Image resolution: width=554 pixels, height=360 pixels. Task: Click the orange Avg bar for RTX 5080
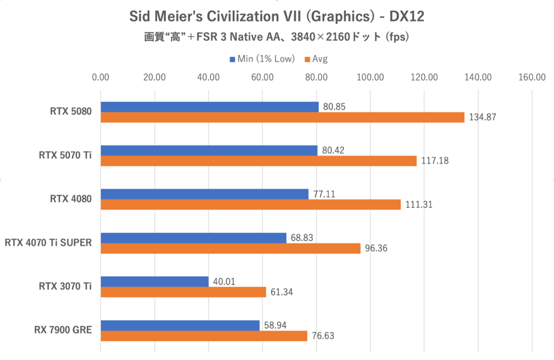pyautogui.click(x=282, y=117)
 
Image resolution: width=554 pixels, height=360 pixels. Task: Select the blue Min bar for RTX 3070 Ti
pyautogui.click(x=155, y=281)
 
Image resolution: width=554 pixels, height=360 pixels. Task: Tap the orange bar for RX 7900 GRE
pyautogui.click(x=204, y=336)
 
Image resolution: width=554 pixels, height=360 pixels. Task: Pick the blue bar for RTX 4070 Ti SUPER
pyautogui.click(x=193, y=238)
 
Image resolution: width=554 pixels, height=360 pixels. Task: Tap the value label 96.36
pyautogui.click(x=376, y=249)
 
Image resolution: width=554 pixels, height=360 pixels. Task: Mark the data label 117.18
pyautogui.click(x=434, y=161)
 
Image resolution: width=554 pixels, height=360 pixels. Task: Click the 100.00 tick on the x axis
pyautogui.click(x=370, y=78)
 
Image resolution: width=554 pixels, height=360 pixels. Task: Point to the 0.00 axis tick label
pyautogui.click(x=101, y=78)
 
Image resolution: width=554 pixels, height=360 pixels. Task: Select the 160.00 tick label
pyautogui.click(x=532, y=78)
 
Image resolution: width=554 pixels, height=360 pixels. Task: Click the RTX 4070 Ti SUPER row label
pyautogui.click(x=48, y=243)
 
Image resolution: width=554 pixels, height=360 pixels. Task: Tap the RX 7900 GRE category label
pyautogui.click(x=63, y=330)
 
